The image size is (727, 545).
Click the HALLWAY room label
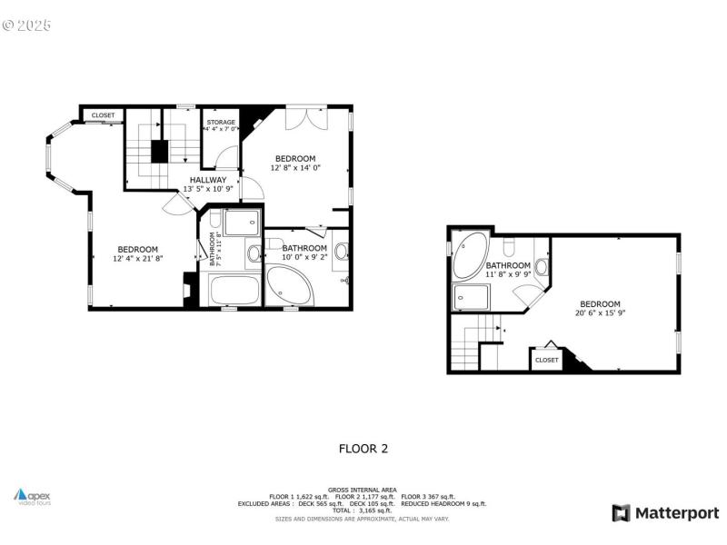[208, 180]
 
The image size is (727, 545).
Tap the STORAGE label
[221, 122]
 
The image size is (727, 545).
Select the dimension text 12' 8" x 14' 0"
[295, 167]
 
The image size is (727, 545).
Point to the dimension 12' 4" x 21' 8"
[138, 259]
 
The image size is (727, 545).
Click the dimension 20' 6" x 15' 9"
[601, 313]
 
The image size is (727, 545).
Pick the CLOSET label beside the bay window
[103, 115]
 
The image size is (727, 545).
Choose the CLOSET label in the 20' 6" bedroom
[547, 360]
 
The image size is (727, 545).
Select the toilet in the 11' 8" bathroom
[509, 246]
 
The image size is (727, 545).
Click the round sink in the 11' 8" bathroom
[542, 266]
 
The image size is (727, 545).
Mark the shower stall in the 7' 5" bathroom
[241, 223]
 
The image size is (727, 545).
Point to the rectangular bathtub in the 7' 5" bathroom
[234, 291]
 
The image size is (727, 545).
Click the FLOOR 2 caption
[363, 448]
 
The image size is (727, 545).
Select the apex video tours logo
[33, 496]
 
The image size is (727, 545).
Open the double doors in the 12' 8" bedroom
[304, 118]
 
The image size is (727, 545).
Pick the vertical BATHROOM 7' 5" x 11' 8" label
[215, 250]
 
